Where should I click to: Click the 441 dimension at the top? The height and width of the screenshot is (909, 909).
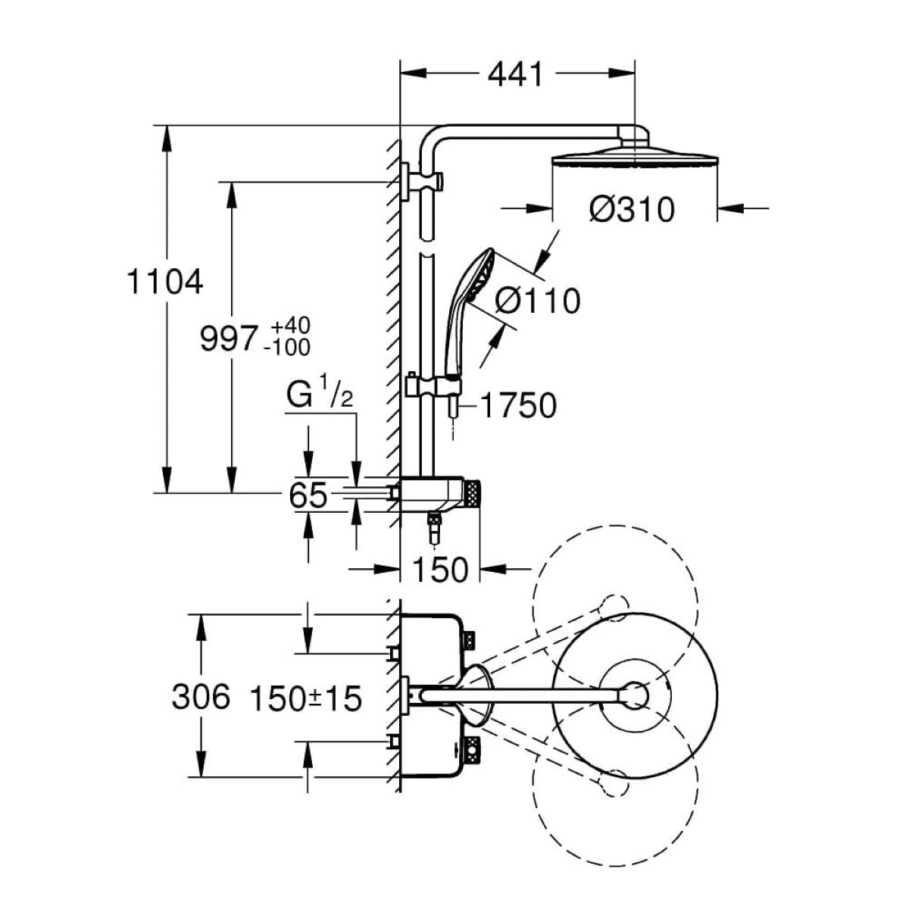[x=515, y=74]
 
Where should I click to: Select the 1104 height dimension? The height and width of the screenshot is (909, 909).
[x=165, y=282]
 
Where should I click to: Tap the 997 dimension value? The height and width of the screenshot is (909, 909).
[x=229, y=339]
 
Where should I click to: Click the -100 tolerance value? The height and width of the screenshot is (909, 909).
[x=287, y=348]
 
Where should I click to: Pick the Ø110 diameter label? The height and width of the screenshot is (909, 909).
[x=538, y=300]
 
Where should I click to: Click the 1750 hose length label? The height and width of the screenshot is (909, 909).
[x=518, y=405]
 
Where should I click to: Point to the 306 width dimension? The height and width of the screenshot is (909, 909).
[x=201, y=697]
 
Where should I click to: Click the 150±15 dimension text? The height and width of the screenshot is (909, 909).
[x=306, y=698]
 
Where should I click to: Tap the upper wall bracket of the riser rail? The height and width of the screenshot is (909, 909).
[x=423, y=181]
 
